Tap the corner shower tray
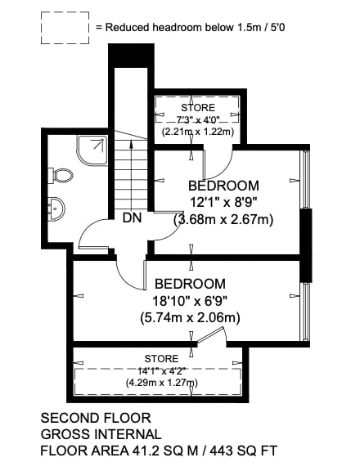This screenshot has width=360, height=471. (92, 150)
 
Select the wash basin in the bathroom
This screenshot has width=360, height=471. (56, 209)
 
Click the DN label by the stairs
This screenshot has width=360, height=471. (133, 218)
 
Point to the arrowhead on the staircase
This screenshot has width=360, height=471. (131, 144)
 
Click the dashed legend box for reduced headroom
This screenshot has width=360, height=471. (65, 28)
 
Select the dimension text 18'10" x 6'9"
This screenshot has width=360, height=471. (190, 301)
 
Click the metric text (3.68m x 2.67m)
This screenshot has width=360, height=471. (224, 220)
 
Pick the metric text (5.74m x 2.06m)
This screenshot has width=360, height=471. (190, 317)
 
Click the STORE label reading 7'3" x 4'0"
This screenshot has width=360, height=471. (198, 107)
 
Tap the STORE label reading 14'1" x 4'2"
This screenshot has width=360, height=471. (162, 359)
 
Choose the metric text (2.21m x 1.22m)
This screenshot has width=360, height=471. (198, 132)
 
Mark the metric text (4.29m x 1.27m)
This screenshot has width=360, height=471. (162, 383)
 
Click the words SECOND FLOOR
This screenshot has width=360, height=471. (96, 418)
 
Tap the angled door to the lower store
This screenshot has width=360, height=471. (211, 334)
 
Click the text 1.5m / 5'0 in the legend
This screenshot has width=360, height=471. (261, 27)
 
